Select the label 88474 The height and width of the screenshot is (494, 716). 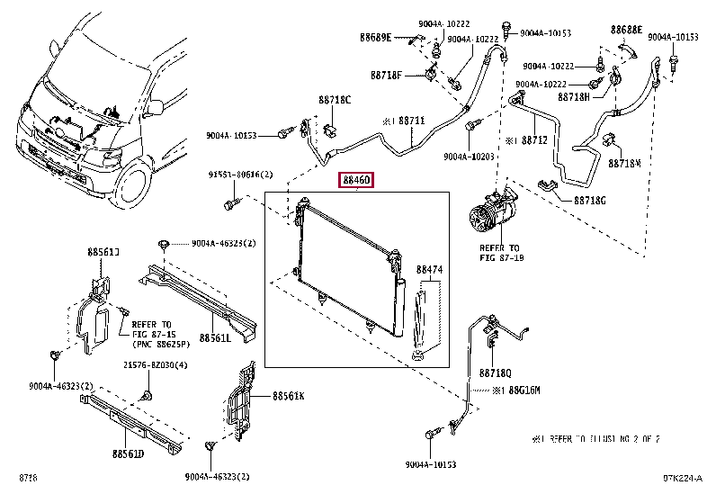[x=429, y=269]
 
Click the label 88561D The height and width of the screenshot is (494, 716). [x=128, y=454]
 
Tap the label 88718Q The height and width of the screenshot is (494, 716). [x=495, y=373]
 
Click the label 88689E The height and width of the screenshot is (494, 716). [x=375, y=37]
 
